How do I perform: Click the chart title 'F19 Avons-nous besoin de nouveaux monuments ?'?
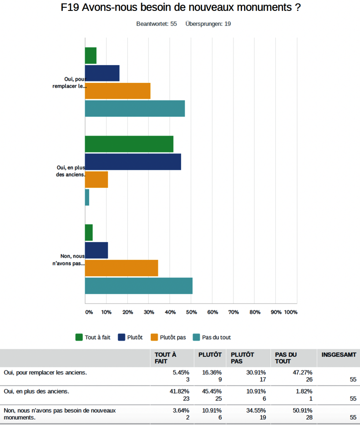coord(181,8)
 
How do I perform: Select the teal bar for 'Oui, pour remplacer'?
coord(135,108)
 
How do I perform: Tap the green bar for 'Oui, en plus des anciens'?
coord(129,144)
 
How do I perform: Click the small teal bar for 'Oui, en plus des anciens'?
coord(87,197)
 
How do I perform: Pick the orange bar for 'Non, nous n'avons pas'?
coord(122,268)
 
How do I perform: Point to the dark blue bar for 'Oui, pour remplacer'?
coord(102,73)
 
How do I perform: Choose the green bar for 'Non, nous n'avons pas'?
coord(89,233)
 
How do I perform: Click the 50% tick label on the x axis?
coord(191,312)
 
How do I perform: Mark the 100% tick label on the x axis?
coord(290,312)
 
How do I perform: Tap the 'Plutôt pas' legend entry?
coord(168,337)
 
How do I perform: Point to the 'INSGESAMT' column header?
coord(339,354)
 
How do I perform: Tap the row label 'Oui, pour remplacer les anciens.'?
coord(45,372)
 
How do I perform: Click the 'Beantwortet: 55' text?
coord(157,24)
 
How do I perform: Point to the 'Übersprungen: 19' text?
coord(208,24)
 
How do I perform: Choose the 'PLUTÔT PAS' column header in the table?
coord(242,358)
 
